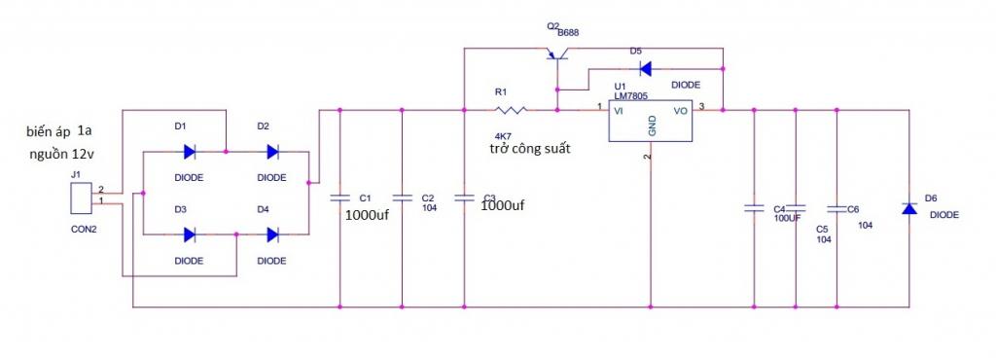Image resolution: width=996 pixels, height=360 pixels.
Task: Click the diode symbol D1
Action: (190, 152)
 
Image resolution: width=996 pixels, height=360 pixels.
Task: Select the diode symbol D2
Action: (272, 152)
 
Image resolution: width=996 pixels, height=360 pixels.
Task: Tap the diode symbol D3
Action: (190, 234)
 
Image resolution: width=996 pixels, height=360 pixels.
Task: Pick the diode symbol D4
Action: (272, 234)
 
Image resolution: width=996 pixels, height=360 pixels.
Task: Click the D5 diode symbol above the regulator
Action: (645, 68)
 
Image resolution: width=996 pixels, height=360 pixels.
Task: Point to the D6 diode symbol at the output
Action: (909, 207)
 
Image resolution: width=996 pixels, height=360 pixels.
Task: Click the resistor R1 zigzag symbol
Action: (511, 111)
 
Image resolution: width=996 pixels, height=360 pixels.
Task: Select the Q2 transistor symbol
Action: (557, 54)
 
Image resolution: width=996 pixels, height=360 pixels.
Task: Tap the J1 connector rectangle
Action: (80, 198)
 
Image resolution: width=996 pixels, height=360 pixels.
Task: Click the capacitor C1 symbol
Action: (339, 198)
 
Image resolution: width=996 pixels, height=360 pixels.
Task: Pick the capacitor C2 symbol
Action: (402, 198)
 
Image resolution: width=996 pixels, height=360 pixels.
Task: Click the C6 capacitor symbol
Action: (836, 208)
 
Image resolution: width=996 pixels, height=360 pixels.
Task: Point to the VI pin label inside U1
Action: (618, 111)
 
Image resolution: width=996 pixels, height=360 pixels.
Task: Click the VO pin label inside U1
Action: (680, 111)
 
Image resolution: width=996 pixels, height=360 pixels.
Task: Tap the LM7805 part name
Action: (631, 95)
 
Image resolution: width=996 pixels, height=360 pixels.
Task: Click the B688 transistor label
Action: (568, 32)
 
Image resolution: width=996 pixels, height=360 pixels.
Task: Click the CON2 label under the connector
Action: (84, 230)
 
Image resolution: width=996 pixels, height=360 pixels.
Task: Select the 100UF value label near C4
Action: (786, 218)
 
